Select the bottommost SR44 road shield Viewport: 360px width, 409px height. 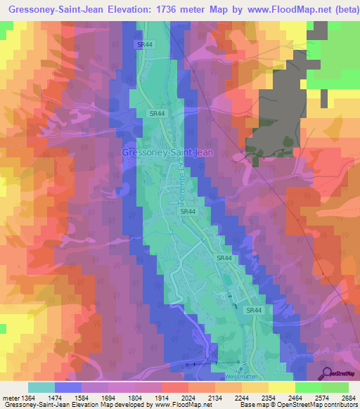coord(254,310)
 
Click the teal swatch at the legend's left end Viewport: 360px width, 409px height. coord(41,387)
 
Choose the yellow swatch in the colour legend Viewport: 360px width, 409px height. coord(281,387)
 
